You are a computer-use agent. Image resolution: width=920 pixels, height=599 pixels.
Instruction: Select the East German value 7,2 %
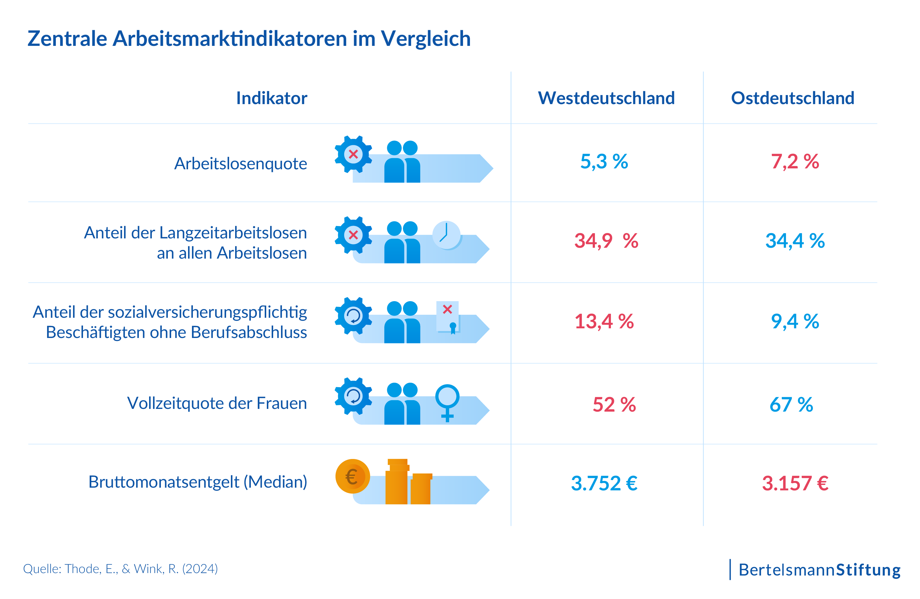click(x=795, y=161)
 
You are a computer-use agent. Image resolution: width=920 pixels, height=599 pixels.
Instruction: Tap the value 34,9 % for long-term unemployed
click(x=606, y=241)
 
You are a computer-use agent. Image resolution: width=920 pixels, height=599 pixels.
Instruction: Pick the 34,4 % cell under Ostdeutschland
click(x=795, y=241)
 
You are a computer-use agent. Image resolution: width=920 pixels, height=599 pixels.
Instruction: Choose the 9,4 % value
click(x=795, y=321)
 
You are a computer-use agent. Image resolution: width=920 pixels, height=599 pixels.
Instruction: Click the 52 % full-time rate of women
click(x=614, y=405)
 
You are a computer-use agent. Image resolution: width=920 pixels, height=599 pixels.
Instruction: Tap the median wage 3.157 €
click(x=795, y=483)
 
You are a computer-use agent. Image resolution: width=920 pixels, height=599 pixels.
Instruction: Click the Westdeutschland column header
click(x=606, y=98)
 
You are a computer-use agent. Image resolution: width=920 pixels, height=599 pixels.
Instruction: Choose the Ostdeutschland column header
click(x=792, y=98)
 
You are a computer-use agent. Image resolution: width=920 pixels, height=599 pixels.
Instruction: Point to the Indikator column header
click(x=272, y=98)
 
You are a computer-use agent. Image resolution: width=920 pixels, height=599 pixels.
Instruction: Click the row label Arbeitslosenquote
click(x=241, y=164)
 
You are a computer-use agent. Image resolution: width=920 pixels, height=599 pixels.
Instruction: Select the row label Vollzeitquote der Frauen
click(x=217, y=403)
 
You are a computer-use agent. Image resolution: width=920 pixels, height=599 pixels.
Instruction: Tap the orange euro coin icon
click(x=352, y=476)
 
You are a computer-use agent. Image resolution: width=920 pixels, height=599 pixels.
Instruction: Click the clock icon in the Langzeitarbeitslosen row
click(x=446, y=235)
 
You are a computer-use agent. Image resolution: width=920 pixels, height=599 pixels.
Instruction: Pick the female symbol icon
click(x=447, y=402)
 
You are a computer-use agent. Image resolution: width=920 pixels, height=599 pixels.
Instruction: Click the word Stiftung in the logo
click(x=868, y=570)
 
